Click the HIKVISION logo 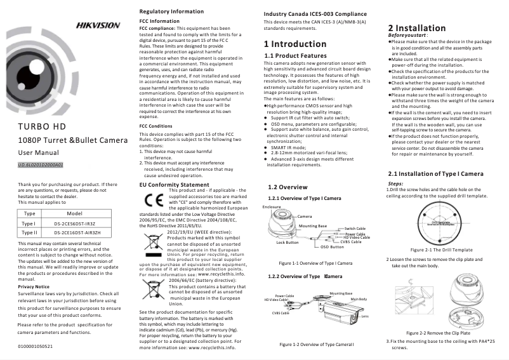pyautogui.click(x=98, y=25)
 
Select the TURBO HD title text pyautogui.click(x=42, y=126)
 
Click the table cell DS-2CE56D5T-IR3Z pyautogui.click(x=74, y=224)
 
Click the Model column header pyautogui.click(x=75, y=214)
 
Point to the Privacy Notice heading pyautogui.click(x=34, y=286)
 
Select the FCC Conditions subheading pyautogui.click(x=155, y=126)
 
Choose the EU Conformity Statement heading pyautogui.click(x=174, y=185)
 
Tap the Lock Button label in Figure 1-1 pyautogui.click(x=288, y=242)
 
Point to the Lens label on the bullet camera pyautogui.click(x=365, y=316)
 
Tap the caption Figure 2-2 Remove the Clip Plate pyautogui.click(x=438, y=333)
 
